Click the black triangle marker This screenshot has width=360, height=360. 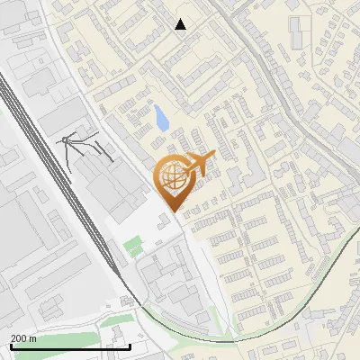pyautogui.click(x=181, y=24)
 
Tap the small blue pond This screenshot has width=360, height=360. pyautogui.click(x=161, y=118)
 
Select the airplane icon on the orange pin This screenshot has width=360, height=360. pyautogui.click(x=200, y=163)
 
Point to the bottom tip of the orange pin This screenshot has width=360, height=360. pyautogui.click(x=173, y=211)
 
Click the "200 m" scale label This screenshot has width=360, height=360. pyautogui.click(x=23, y=338)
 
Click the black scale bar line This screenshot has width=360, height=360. pyautogui.click(x=70, y=346)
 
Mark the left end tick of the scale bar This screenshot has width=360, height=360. pyautogui.click(x=10, y=345)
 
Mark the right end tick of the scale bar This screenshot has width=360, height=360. pyautogui.click(x=130, y=345)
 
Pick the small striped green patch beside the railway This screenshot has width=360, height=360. pyautogui.click(x=133, y=245)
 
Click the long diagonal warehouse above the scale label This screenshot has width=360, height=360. pyautogui.click(x=36, y=297)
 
